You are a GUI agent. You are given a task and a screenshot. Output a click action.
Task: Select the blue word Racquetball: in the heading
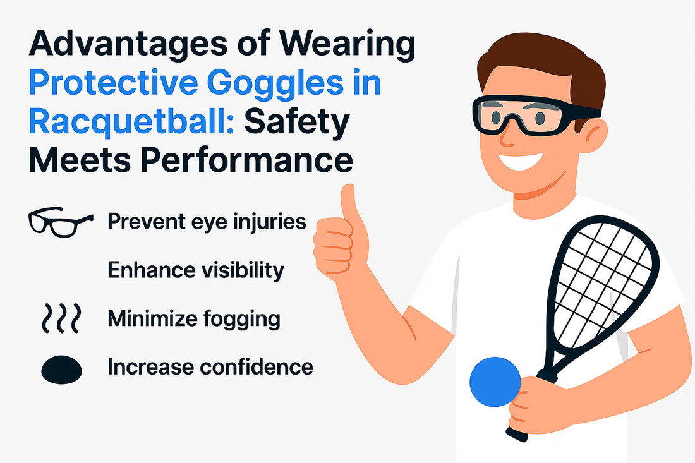(131, 122)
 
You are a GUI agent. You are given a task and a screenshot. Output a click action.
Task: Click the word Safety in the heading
(296, 123)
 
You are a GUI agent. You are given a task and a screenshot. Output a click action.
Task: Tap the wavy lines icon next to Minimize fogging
(62, 318)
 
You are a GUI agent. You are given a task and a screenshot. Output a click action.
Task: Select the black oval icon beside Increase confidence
(62, 369)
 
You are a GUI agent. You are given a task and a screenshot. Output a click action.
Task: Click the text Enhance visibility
(195, 270)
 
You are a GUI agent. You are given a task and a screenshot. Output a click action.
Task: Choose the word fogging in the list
(241, 319)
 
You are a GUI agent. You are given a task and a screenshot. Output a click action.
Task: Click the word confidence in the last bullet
(256, 367)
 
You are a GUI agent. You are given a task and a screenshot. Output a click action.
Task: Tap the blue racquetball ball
(495, 382)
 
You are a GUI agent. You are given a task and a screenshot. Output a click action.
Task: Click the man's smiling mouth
(521, 160)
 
